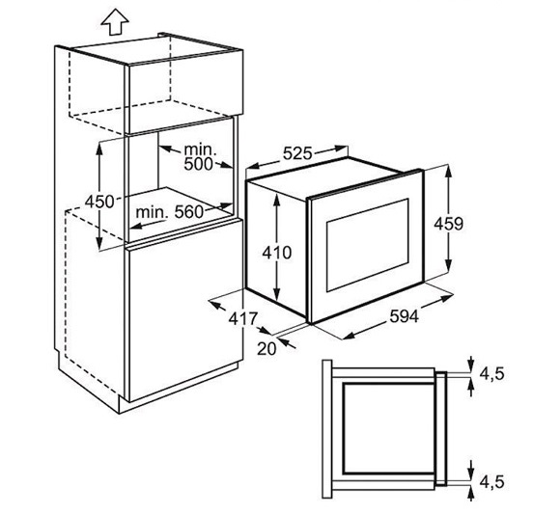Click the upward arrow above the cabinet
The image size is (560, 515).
(115, 22)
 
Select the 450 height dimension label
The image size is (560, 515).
(99, 202)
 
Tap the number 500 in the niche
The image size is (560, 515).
(198, 164)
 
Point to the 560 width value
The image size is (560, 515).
(188, 212)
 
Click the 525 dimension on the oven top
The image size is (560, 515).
(297, 153)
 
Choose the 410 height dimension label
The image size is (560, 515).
(277, 253)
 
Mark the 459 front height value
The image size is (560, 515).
(448, 224)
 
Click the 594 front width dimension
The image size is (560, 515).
(404, 316)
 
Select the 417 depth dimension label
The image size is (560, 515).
(243, 318)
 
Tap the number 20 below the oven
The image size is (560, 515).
(266, 349)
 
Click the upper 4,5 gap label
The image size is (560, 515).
(491, 374)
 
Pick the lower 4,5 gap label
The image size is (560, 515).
(491, 482)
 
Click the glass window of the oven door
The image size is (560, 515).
(368, 245)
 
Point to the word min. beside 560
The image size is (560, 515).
(152, 213)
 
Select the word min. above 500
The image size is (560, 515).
(201, 149)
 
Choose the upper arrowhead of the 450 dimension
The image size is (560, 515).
(99, 149)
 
